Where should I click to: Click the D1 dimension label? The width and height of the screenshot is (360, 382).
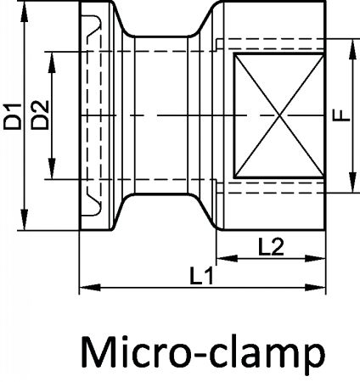[x=13, y=116]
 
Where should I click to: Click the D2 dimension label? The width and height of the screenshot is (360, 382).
[x=40, y=115]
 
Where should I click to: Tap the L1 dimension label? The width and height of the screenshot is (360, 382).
[x=201, y=276]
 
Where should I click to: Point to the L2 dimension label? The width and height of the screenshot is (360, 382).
[x=271, y=246]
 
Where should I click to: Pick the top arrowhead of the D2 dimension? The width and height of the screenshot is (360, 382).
[x=52, y=62]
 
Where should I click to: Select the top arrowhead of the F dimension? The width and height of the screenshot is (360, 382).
[x=352, y=49]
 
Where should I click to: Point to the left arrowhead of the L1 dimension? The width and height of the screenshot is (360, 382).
[x=90, y=288]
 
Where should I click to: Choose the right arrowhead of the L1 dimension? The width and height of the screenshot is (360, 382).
[x=315, y=288]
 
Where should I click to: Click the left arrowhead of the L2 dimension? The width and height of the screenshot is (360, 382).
[x=228, y=258]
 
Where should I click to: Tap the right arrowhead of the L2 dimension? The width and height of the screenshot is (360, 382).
[x=315, y=258]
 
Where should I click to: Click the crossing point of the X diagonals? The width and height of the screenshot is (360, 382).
[x=280, y=115]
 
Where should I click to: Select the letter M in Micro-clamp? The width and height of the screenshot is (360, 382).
[x=97, y=351]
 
